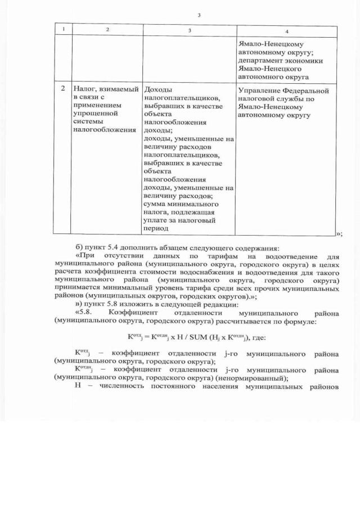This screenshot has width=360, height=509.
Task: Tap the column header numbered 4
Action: (x=287, y=31)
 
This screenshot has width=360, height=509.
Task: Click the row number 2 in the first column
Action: (x=64, y=89)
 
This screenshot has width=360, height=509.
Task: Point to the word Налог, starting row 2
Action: (x=84, y=90)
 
